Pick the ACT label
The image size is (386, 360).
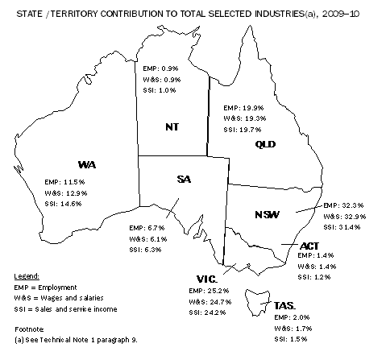310,243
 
